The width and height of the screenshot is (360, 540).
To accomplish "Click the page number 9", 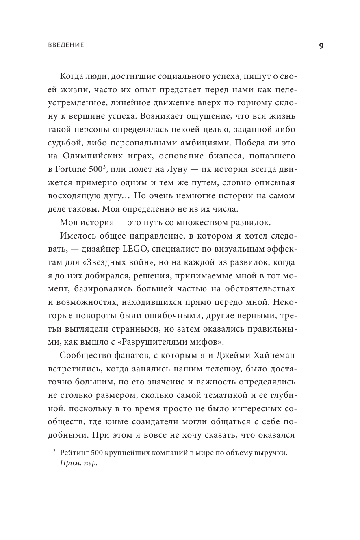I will point(321,46).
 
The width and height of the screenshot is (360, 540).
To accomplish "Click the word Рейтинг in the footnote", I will point(74,453).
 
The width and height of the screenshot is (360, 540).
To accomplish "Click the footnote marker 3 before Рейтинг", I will point(54,451).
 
